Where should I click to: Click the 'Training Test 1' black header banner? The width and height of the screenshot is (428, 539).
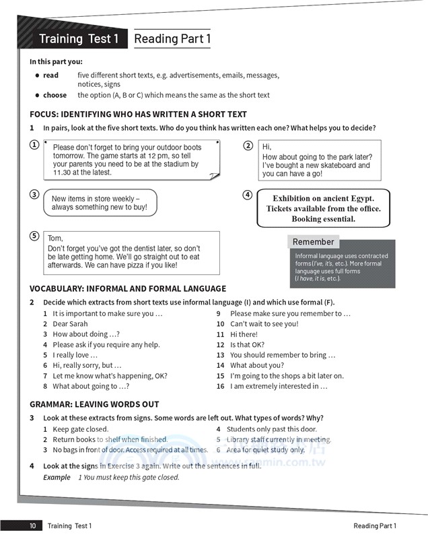coord(78,39)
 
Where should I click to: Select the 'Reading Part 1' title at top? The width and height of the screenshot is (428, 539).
coord(172,39)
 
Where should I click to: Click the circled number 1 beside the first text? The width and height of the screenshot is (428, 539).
coord(34,145)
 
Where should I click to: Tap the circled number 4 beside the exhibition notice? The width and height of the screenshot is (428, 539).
coord(247,195)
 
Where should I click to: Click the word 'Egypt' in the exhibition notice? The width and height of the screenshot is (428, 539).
coord(359,199)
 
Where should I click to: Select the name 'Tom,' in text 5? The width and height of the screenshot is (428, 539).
coord(55,239)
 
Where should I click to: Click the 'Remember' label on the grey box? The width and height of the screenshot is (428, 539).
coord(313,242)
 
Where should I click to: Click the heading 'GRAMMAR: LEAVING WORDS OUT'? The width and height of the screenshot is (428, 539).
coord(94,404)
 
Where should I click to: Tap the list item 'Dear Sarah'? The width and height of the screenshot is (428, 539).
coord(70,324)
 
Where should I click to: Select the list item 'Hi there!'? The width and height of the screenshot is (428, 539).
coord(244,334)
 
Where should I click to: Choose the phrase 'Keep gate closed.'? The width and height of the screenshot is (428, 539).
coord(80,429)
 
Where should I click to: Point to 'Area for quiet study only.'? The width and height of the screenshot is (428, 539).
coord(265,450)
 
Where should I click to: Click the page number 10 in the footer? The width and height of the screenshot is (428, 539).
coord(32,526)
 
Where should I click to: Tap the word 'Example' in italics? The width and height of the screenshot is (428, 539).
coord(57,477)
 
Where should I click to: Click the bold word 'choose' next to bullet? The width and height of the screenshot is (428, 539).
coord(55,95)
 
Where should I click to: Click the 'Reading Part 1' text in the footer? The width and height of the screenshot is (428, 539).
coord(375,526)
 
